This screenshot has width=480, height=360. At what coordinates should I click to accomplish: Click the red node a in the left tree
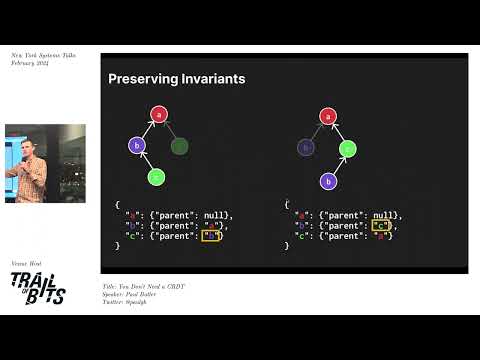pos(158,115)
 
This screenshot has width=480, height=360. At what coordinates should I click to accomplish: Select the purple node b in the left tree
pos(137,146)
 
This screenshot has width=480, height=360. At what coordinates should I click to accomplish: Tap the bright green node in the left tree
pos(155,177)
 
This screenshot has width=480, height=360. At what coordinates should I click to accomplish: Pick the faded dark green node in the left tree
pos(179,146)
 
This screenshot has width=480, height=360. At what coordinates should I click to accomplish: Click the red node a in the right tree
pos(326,115)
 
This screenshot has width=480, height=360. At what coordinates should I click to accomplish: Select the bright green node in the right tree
pos(347,149)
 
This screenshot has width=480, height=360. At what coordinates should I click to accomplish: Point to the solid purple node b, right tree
pos(326,181)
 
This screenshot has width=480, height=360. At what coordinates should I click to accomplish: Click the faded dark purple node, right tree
pos(305,148)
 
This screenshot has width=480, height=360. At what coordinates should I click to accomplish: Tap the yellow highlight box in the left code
pos(210,236)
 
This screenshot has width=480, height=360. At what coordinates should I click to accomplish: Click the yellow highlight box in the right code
pos(379,226)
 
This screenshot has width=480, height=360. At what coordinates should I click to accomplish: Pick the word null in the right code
pos(384,215)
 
